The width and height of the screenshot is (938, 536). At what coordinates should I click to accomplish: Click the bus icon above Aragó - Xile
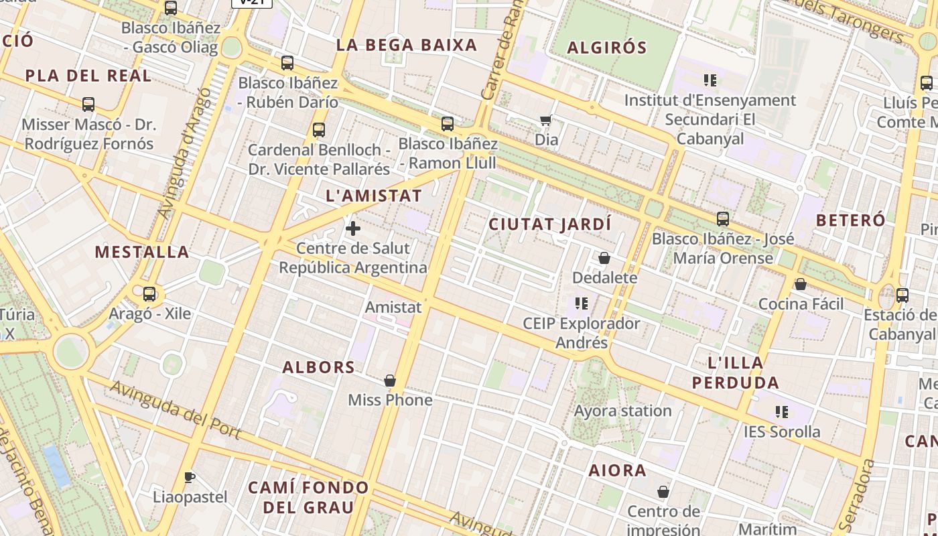(149, 293)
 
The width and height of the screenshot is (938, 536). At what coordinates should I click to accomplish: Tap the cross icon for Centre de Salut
(353, 228)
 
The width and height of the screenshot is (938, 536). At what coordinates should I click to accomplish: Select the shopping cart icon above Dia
(546, 121)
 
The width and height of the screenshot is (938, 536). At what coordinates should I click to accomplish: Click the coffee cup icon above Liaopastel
(190, 477)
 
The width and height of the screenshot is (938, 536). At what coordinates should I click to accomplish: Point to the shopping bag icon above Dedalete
(604, 258)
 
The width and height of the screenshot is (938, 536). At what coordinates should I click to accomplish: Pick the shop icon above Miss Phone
(390, 381)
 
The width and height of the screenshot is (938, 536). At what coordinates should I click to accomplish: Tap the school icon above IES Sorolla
(781, 411)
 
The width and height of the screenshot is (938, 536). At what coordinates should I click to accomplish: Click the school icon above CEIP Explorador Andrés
(582, 304)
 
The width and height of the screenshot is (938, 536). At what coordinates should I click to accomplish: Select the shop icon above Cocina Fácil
(800, 284)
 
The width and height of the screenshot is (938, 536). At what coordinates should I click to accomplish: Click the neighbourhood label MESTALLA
(142, 252)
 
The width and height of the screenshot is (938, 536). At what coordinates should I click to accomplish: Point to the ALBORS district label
(318, 367)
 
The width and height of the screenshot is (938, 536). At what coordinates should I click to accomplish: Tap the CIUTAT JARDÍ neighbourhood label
(550, 224)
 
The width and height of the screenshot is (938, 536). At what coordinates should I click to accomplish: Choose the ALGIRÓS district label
(607, 48)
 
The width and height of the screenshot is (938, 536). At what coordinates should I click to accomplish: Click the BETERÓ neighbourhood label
(851, 220)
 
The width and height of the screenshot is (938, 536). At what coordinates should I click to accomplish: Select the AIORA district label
(618, 470)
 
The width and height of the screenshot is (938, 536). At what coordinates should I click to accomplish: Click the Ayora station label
(622, 411)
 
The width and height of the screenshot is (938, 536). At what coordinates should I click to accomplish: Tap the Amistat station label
(393, 307)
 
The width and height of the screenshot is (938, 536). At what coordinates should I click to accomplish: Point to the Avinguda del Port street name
(176, 409)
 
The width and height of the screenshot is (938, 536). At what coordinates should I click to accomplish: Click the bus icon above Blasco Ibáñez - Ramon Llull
(448, 124)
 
